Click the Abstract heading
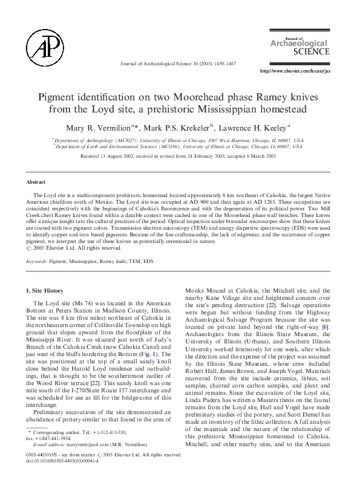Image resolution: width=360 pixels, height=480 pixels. click(x=38, y=182)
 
